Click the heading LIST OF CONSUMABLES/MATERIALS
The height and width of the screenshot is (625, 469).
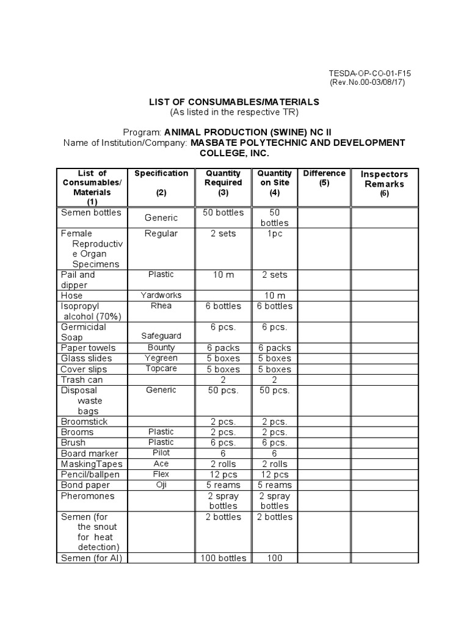[234, 102]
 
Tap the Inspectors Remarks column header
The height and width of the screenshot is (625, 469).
[384, 184]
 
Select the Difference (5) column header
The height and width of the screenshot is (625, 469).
[324, 178]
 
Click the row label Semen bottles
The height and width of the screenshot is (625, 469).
[90, 213]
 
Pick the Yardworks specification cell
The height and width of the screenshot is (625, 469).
[161, 295]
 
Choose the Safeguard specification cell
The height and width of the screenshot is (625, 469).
[161, 336]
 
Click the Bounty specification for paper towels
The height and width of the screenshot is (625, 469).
[161, 347]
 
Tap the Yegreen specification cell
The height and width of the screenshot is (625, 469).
[161, 358]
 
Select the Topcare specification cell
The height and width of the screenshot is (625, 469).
[161, 369]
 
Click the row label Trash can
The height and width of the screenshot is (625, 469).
[81, 380]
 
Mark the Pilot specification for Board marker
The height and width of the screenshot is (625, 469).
[161, 453]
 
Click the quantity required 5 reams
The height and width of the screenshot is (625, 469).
[224, 485]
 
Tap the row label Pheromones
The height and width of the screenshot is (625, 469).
[87, 496]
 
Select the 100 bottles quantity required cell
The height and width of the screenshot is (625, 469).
[224, 558]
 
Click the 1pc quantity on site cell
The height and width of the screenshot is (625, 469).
[274, 234]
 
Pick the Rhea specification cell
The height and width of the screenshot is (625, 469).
[161, 306]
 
